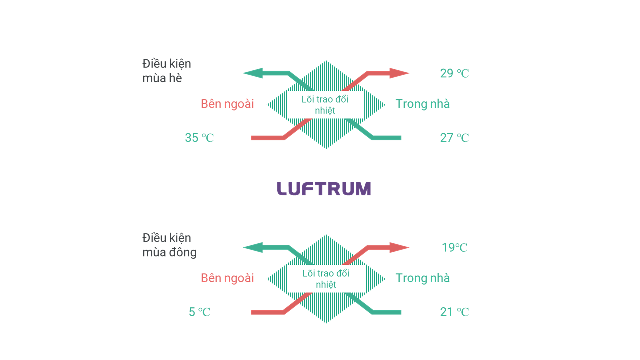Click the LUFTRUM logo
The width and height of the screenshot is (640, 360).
click(324, 189)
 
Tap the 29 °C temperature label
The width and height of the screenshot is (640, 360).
click(454, 73)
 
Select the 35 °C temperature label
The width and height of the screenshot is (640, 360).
click(199, 138)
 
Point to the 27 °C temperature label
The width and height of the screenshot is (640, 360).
click(454, 138)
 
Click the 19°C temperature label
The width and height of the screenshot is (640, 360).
click(454, 247)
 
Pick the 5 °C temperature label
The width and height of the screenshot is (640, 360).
click(199, 312)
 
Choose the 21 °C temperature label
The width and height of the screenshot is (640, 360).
click(454, 312)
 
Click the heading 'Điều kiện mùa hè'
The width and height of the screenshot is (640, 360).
click(167, 71)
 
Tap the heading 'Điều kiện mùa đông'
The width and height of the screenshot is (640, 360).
click(169, 245)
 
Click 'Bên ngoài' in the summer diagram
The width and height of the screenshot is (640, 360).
click(227, 104)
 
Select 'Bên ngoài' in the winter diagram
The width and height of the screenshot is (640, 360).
click(227, 278)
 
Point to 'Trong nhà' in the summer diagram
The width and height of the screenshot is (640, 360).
click(422, 104)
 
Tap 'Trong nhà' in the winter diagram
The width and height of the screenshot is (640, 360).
click(422, 278)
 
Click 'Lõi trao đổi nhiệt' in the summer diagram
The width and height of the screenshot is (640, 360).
click(325, 105)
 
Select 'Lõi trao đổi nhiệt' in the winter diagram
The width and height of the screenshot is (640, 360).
click(326, 279)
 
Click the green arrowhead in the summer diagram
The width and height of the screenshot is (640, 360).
click(253, 73)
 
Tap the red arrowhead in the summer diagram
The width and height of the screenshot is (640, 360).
click(399, 73)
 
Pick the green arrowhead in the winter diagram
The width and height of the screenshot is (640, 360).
click(253, 247)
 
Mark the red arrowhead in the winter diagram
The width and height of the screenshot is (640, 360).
click(399, 247)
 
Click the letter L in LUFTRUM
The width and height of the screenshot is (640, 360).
click(282, 189)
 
